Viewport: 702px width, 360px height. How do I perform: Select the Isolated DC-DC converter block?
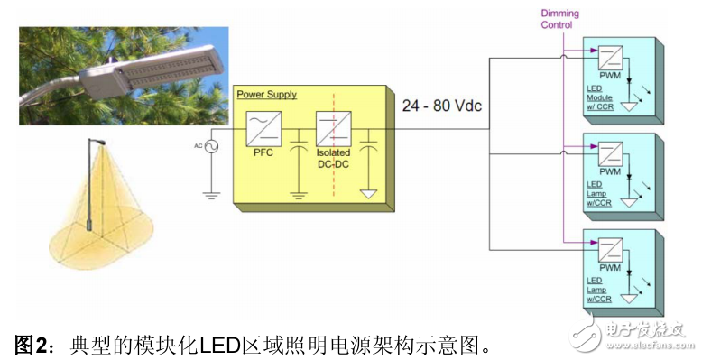click(333, 131)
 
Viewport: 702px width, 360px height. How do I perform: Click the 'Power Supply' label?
click(266, 94)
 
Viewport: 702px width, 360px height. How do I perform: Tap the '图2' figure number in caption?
click(32, 344)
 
